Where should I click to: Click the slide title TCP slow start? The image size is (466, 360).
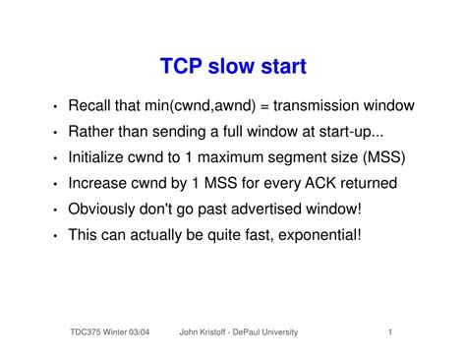click(x=233, y=67)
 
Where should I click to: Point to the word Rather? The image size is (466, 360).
click(x=91, y=132)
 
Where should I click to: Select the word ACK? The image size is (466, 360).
click(x=315, y=183)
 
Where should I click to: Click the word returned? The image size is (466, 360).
click(x=366, y=183)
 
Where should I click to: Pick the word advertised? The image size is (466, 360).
click(x=263, y=209)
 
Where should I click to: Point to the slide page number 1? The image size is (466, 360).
click(x=390, y=332)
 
